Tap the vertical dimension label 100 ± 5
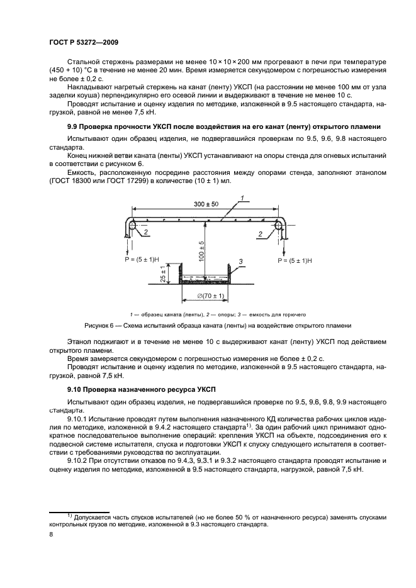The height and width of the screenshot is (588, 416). point(202,251)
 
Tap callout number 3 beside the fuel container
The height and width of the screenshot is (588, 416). point(241,260)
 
